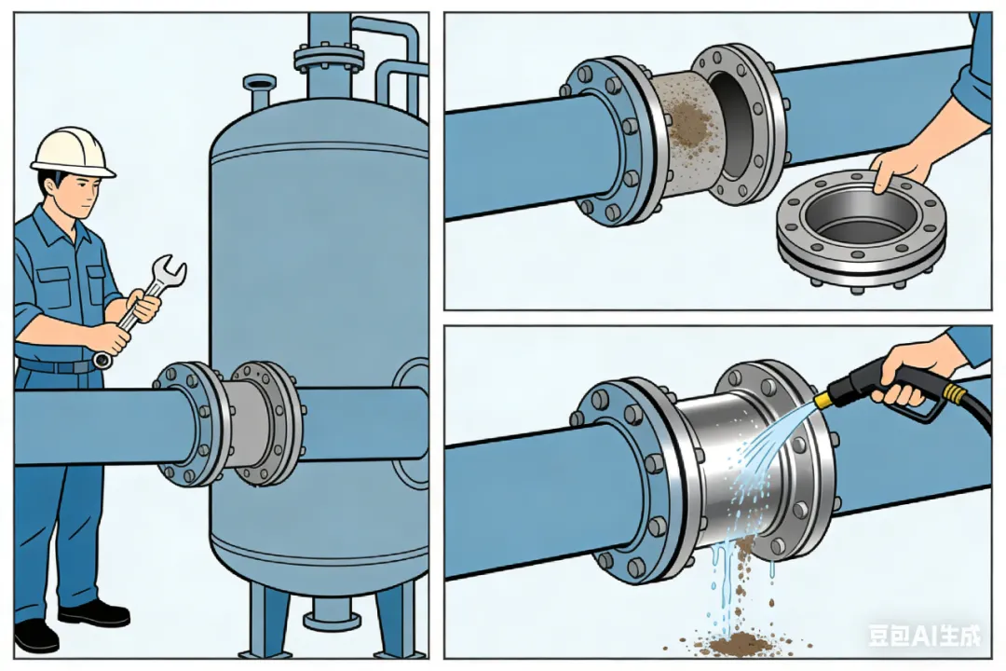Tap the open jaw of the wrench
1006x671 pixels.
coord(170,268)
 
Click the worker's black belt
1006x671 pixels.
coord(57,366)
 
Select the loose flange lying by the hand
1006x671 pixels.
coord(861,229)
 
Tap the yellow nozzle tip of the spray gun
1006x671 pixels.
coord(823,401)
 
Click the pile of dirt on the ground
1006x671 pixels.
coord(738,642)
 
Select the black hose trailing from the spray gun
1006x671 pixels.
coord(969,410)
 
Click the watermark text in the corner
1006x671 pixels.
coord(925,636)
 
